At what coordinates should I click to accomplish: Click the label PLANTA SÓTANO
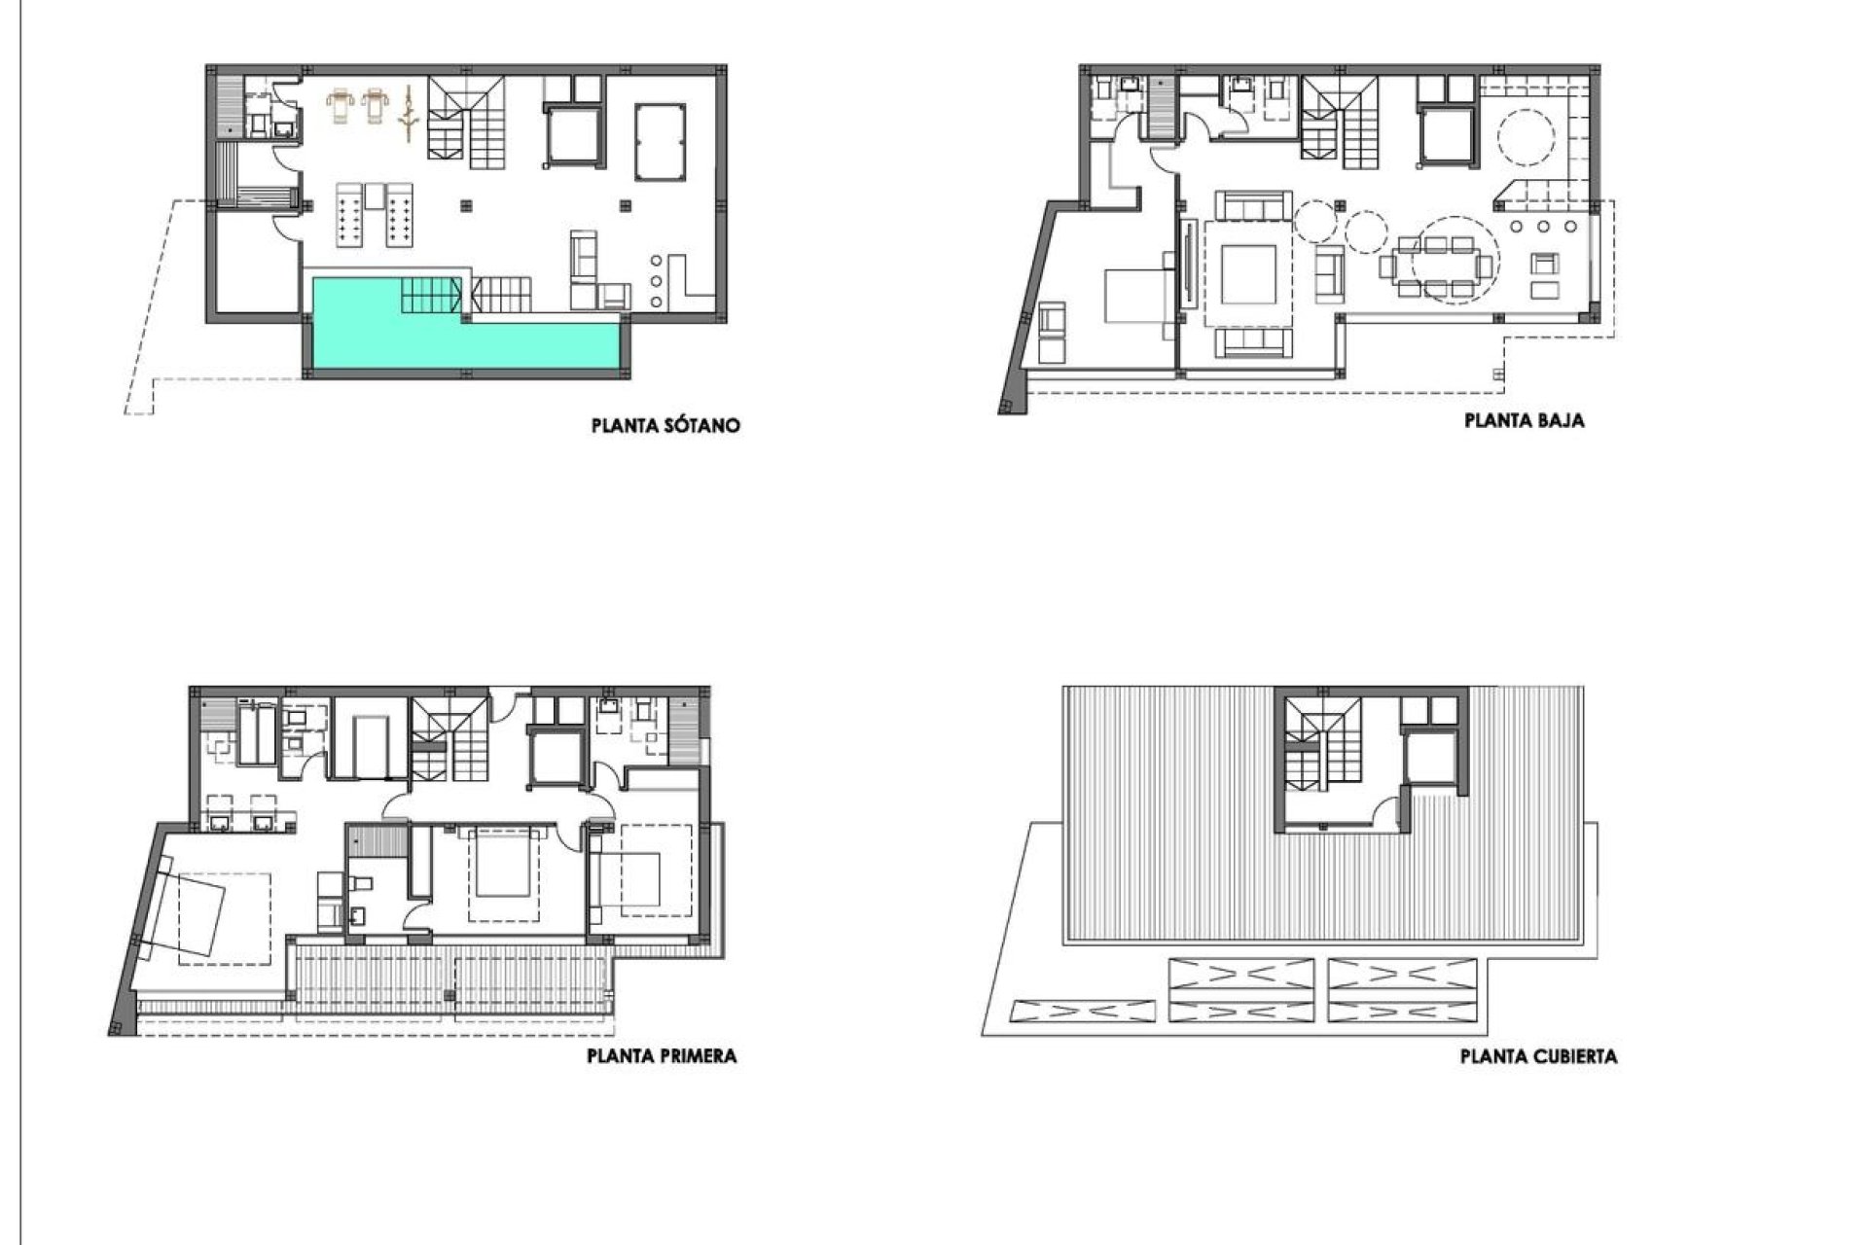pyautogui.click(x=665, y=426)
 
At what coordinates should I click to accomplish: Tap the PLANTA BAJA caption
pyautogui.click(x=1525, y=421)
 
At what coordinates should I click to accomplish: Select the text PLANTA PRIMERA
pyautogui.click(x=662, y=1055)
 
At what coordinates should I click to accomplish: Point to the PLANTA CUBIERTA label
pyautogui.click(x=1538, y=1056)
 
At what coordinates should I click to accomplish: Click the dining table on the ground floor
pyautogui.click(x=1436, y=265)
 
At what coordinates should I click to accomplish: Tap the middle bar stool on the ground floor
pyautogui.click(x=1544, y=226)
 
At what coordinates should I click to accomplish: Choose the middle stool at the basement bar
pyautogui.click(x=655, y=281)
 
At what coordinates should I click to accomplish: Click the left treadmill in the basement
pyautogui.click(x=341, y=104)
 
